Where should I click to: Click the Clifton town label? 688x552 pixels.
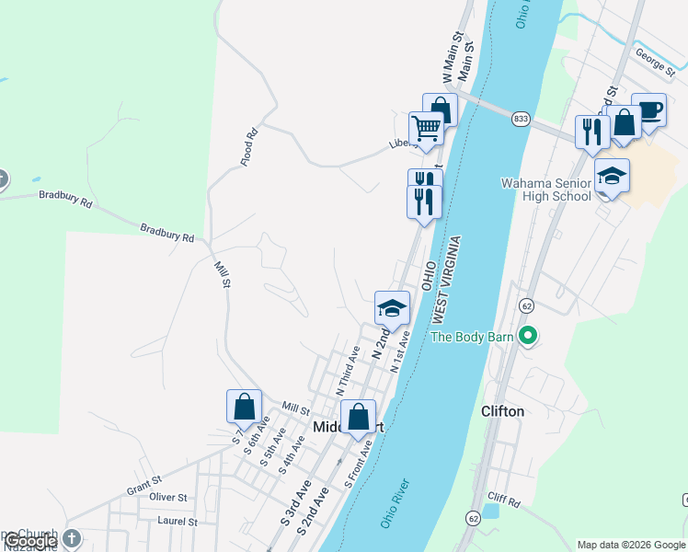pos(503,411)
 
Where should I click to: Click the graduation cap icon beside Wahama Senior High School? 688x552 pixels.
pos(612,175)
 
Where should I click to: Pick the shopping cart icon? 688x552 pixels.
pos(426,129)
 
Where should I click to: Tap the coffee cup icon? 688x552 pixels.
pos(649,110)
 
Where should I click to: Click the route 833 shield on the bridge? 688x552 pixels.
pos(522,119)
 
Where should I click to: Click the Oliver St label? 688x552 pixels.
pos(168,497)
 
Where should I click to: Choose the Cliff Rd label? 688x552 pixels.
pos(506,503)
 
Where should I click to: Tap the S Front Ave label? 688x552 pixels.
pos(359,465)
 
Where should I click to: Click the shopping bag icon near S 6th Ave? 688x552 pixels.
pos(245,406)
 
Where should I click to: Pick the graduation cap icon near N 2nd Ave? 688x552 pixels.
pos(392,307)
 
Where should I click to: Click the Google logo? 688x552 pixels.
pos(30,542)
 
